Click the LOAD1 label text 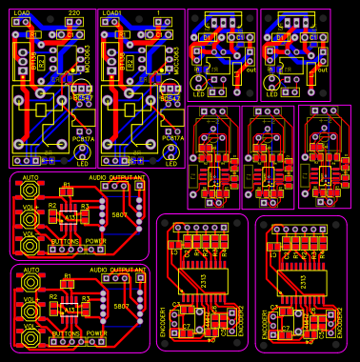[112, 13]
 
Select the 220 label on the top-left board [73, 13]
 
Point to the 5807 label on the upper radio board [121, 214]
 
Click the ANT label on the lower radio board [139, 271]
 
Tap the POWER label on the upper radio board [96, 242]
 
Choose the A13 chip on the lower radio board [69, 311]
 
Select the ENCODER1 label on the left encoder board [173, 324]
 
